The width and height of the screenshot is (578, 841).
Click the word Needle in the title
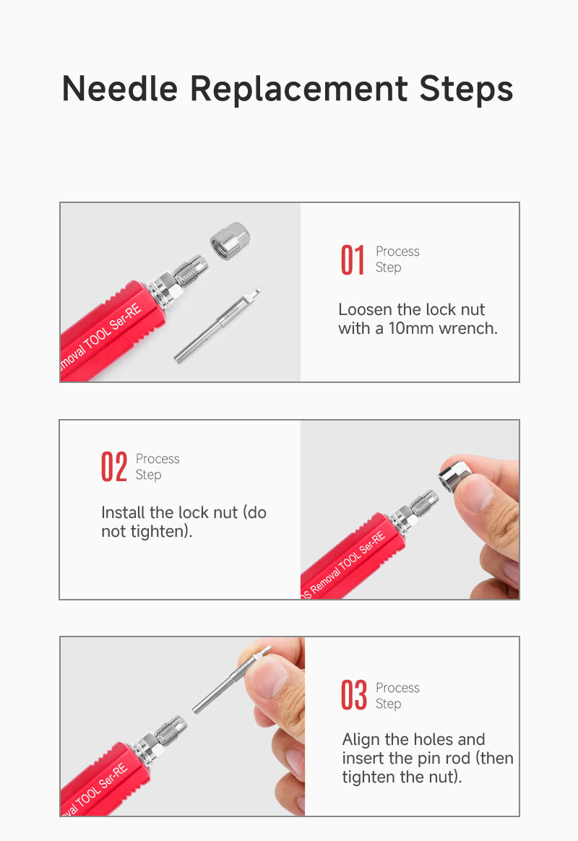pos(120,88)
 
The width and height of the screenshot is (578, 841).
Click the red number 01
pos(353,260)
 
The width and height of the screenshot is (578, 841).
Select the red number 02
pos(113,467)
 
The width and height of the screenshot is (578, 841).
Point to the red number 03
pos(354,695)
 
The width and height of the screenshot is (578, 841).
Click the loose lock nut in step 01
pos(230,241)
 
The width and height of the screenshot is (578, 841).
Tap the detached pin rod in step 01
pos(218,325)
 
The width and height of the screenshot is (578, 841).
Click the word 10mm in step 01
pos(412,328)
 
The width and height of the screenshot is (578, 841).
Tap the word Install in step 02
pos(124,513)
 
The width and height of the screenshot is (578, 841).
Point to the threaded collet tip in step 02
pos(423,502)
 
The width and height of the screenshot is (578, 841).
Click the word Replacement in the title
pos(298,88)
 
